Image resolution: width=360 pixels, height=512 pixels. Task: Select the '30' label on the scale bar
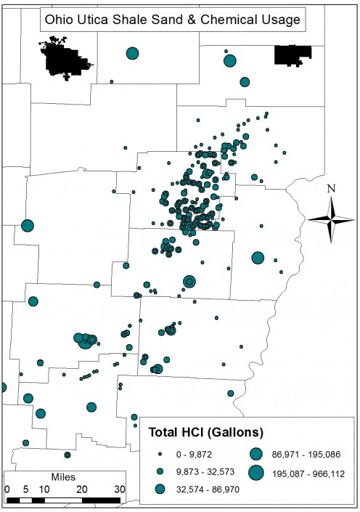pyautogui.click(x=119, y=489)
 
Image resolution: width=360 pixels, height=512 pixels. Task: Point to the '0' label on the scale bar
pyautogui.click(x=7, y=489)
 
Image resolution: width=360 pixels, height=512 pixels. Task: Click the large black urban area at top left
pyautogui.click(x=66, y=58)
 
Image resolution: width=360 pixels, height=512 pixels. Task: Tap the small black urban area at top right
pyautogui.click(x=292, y=54)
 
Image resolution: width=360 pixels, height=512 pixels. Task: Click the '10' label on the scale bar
pyautogui.click(x=44, y=489)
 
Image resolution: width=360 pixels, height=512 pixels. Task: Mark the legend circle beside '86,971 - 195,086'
pyautogui.click(x=256, y=454)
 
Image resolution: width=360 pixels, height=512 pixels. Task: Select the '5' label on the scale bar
pyautogui.click(x=25, y=489)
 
